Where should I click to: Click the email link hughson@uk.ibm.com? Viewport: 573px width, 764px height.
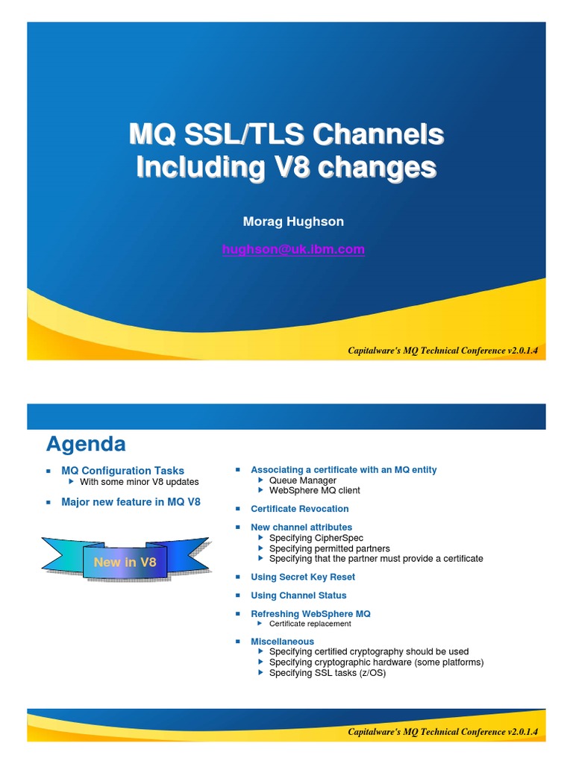point(293,250)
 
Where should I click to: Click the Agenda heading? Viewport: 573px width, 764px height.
point(86,445)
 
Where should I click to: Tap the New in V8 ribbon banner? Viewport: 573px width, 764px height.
point(125,562)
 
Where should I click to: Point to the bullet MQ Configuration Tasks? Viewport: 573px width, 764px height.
point(122,471)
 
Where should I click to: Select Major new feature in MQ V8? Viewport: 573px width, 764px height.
point(131,502)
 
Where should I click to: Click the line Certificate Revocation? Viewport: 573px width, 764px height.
point(299,509)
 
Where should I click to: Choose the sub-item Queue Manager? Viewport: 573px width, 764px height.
point(302,480)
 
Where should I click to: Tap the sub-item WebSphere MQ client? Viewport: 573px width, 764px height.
point(314,490)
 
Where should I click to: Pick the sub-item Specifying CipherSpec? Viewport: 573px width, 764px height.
point(312,538)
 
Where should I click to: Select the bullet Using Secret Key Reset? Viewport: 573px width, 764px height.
point(302,577)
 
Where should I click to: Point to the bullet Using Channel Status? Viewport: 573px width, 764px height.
point(298,595)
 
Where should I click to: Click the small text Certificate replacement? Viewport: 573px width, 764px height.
point(310,624)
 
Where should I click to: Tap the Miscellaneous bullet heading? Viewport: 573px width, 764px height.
point(282,642)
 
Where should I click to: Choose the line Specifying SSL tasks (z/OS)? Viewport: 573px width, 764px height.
point(327,672)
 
